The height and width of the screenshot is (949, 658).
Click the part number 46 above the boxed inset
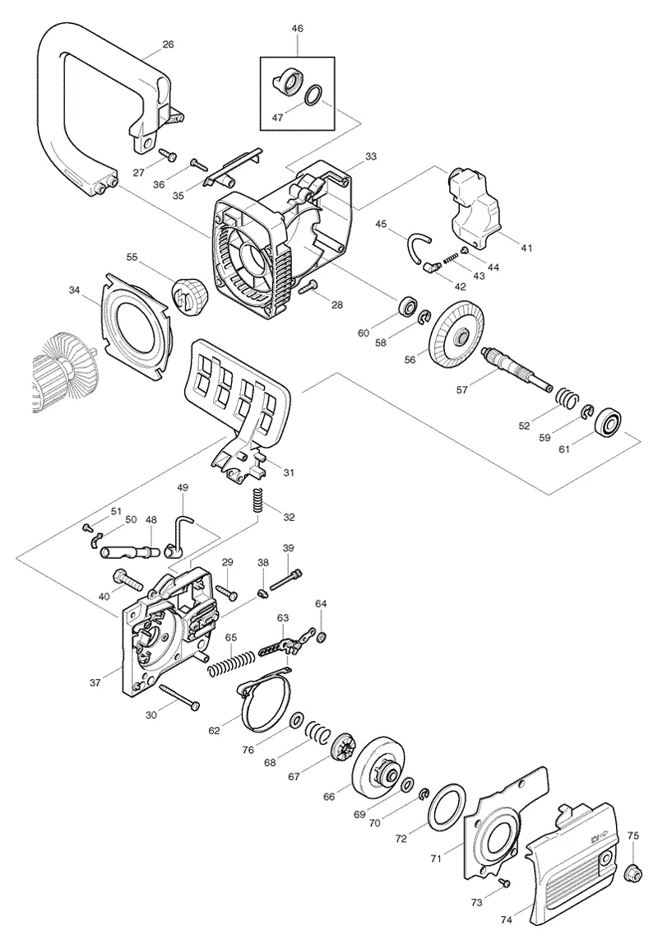[x=297, y=29]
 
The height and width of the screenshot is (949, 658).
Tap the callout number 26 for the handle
[x=168, y=44]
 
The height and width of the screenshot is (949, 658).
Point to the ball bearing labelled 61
[x=609, y=422]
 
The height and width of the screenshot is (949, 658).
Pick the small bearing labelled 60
[x=408, y=307]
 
